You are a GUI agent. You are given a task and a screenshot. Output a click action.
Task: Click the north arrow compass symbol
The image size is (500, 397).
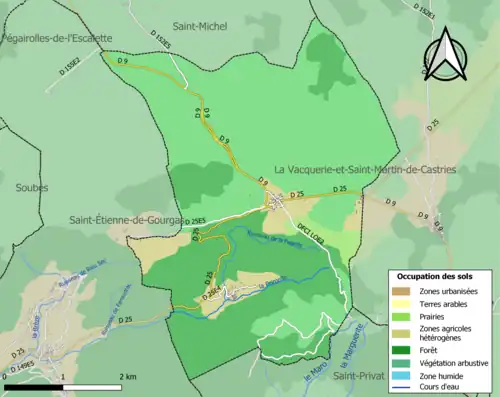click(x=447, y=54)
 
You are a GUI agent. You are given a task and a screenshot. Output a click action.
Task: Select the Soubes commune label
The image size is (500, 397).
click(x=31, y=186)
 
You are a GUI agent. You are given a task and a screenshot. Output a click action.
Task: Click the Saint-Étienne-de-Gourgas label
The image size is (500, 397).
click(x=125, y=220)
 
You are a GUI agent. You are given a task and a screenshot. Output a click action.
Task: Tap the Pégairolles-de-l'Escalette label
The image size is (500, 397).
click(x=57, y=37)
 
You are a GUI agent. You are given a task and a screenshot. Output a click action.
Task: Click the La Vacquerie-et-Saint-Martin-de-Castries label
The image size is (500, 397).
click(x=364, y=170)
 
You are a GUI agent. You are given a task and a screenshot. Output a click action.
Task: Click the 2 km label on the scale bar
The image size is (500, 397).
click(x=127, y=376)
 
